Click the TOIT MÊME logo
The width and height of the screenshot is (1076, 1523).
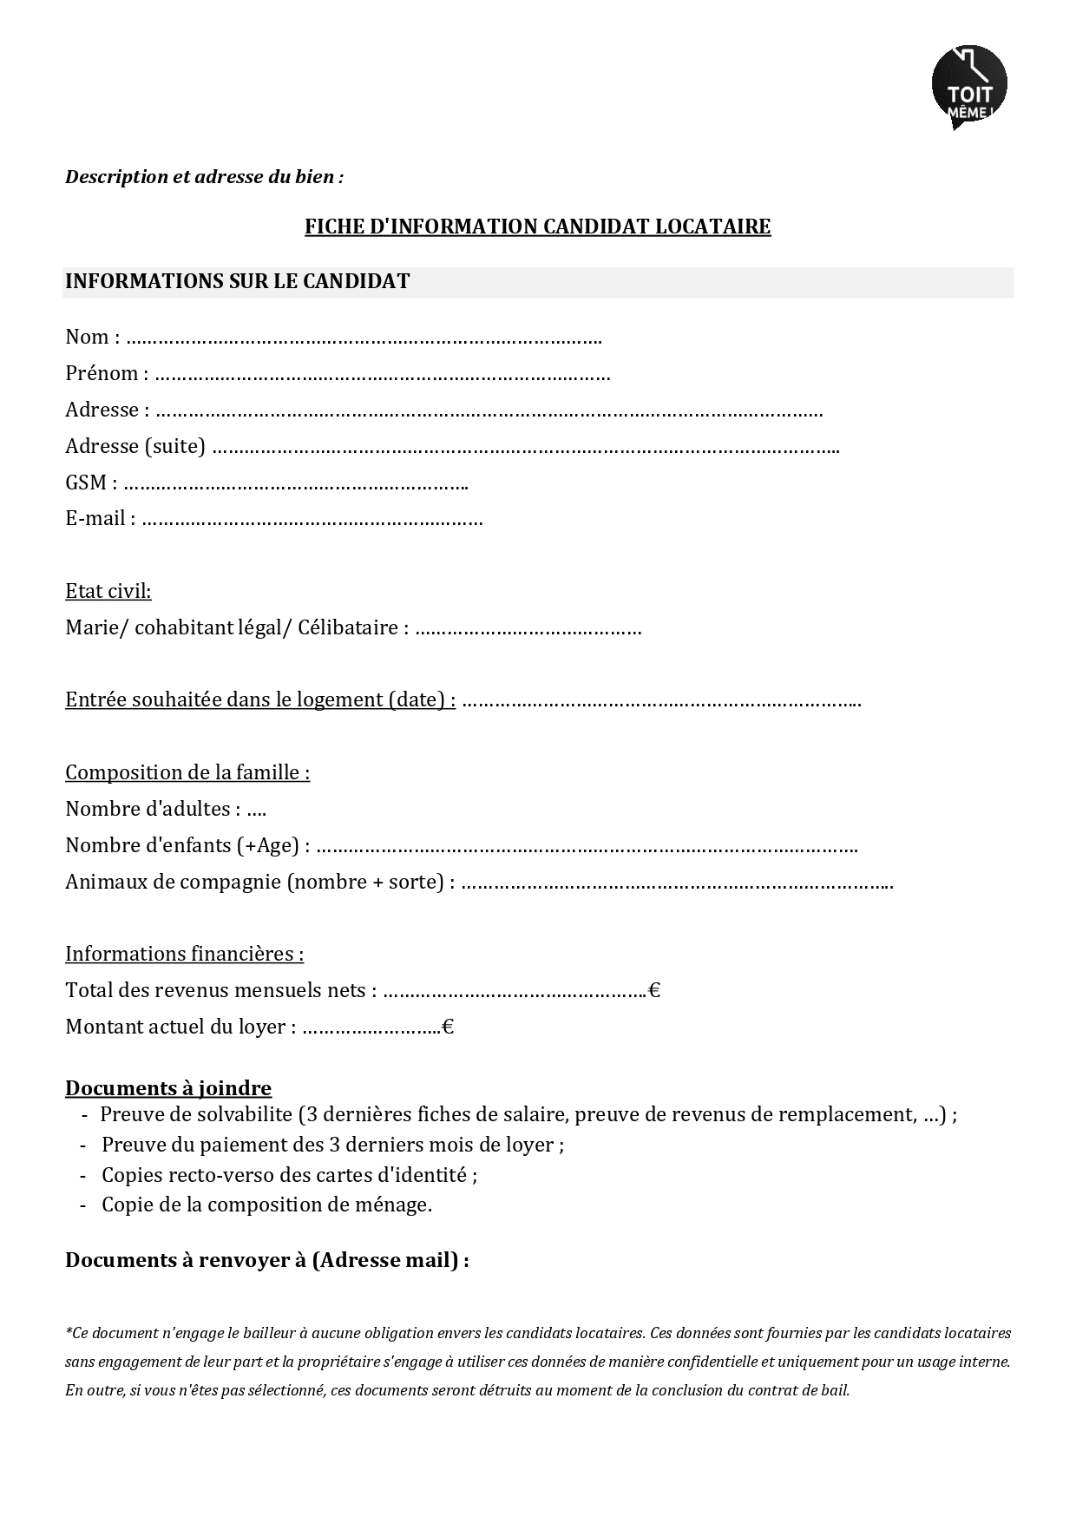pyautogui.click(x=969, y=87)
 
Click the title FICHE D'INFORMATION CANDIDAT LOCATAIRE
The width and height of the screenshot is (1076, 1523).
pyautogui.click(x=537, y=226)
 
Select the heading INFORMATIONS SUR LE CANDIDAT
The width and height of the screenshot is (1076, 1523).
pyautogui.click(x=237, y=281)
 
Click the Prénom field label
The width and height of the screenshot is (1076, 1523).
pyautogui.click(x=102, y=374)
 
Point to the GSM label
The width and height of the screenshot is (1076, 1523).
pyautogui.click(x=86, y=483)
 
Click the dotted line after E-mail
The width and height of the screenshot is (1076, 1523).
pyautogui.click(x=312, y=521)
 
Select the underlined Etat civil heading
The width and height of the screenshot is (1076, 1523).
pyautogui.click(x=108, y=591)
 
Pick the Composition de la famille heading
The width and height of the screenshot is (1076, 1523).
pyautogui.click(x=187, y=772)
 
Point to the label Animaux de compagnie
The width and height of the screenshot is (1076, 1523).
pyautogui.click(x=174, y=882)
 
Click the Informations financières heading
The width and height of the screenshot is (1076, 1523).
pyautogui.click(x=184, y=954)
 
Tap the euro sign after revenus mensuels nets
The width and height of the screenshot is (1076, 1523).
pyautogui.click(x=654, y=990)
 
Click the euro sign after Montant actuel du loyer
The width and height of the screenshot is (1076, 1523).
pyautogui.click(x=448, y=1027)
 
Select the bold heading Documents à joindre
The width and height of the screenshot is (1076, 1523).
pyautogui.click(x=168, y=1088)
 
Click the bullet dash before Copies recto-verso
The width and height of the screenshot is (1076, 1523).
pyautogui.click(x=83, y=1175)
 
